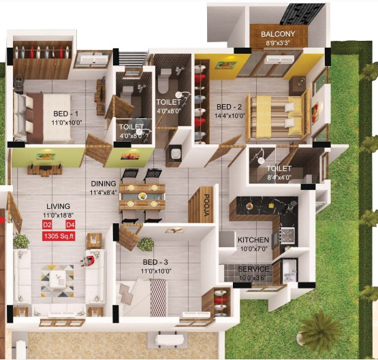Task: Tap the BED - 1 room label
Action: [67, 114]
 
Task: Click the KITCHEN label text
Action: [253, 240]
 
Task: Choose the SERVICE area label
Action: [253, 269]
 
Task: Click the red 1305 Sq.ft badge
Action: [59, 236]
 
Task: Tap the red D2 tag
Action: [47, 225]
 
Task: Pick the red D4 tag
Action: [70, 225]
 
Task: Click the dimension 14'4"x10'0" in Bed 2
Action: [229, 116]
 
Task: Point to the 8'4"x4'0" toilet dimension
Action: [279, 178]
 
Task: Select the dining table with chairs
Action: [142, 195]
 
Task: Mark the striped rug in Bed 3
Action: [158, 297]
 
